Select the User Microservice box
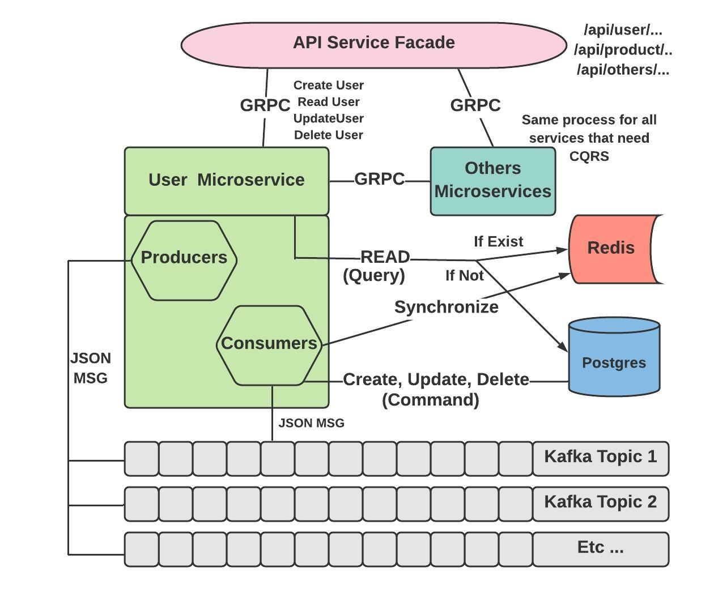[x=226, y=180]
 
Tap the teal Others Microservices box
[x=492, y=180]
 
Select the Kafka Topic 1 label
[x=600, y=457]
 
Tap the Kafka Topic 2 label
[x=600, y=502]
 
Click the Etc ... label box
[x=600, y=548]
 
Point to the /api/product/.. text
[x=623, y=50]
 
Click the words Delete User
[x=329, y=135]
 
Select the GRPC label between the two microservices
[x=379, y=180]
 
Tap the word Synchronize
[x=447, y=307]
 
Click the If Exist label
[x=498, y=242]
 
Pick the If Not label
[x=464, y=276]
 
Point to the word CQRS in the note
[x=589, y=156]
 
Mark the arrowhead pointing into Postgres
[x=563, y=347]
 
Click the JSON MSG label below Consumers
[x=311, y=423]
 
